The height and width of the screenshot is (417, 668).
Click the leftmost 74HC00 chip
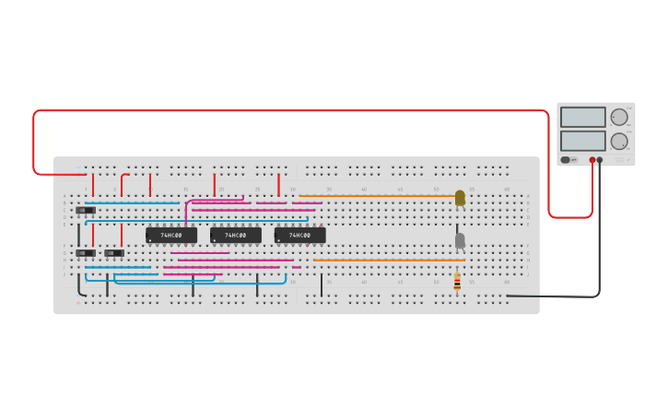(x=171, y=236)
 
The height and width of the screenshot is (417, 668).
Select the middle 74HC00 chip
(x=236, y=236)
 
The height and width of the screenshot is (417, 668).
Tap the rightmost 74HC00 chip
(x=300, y=236)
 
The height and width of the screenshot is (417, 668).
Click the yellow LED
(x=460, y=197)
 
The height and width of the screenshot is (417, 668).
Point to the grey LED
(x=460, y=240)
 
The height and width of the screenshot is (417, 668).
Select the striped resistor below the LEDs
(x=457, y=283)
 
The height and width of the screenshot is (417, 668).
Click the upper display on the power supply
(x=582, y=118)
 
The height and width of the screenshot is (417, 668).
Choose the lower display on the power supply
(x=582, y=141)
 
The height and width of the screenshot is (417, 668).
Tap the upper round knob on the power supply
(x=619, y=118)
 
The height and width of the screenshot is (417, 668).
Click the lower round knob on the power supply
(x=619, y=141)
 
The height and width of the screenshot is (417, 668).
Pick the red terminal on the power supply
(x=592, y=160)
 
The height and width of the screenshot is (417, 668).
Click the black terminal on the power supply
(x=600, y=160)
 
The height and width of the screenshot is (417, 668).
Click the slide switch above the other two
(x=86, y=210)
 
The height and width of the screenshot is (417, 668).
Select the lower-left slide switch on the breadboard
(x=86, y=252)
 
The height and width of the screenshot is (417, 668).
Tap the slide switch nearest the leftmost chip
(x=114, y=252)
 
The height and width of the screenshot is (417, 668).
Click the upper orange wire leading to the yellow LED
(x=378, y=196)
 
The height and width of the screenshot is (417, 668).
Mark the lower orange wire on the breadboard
(x=387, y=261)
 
